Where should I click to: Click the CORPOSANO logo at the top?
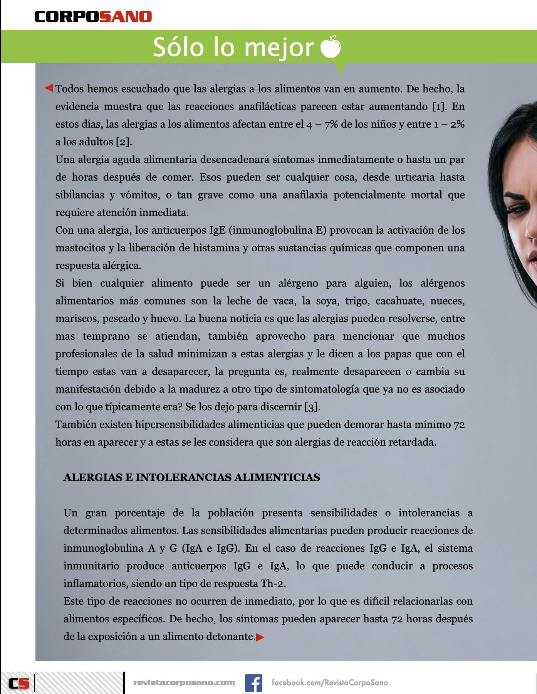93,17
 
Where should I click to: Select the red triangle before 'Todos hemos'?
49,88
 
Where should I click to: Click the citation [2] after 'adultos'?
124,142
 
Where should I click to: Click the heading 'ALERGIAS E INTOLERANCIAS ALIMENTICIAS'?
191,477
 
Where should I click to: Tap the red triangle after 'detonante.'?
260,637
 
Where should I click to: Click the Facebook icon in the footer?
253,682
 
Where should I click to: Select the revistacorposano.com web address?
184,682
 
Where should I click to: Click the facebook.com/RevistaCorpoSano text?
330,682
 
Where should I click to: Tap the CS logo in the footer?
19,683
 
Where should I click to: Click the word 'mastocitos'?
80,248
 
